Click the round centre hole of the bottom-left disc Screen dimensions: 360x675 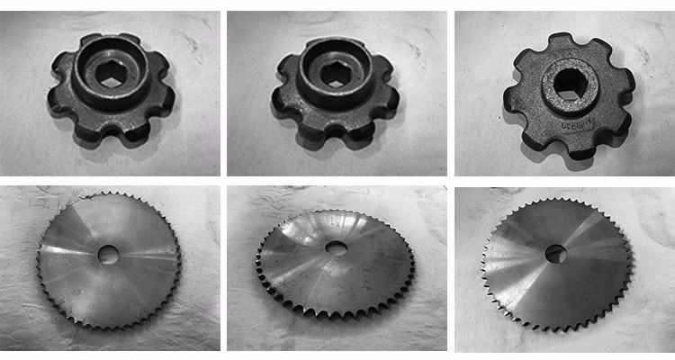click(x=109, y=255)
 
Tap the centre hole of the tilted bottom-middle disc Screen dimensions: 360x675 click(x=337, y=246)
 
